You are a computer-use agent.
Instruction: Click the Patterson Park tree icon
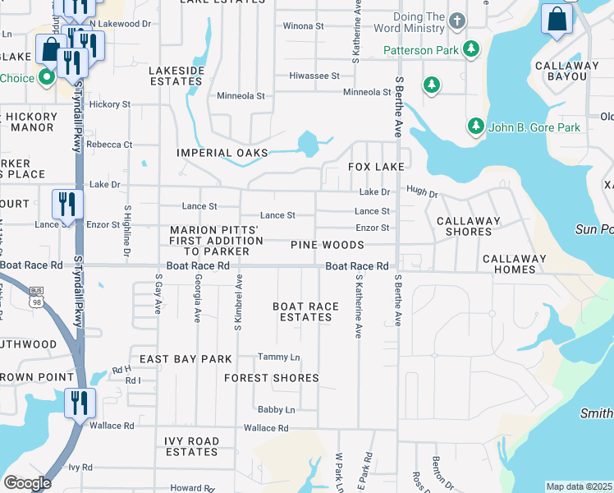(x=471, y=50)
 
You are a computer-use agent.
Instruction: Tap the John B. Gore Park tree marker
(x=475, y=127)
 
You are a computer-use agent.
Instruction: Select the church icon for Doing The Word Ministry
(x=457, y=20)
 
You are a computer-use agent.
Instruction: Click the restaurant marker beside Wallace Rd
(x=80, y=403)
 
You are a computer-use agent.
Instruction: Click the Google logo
(x=27, y=482)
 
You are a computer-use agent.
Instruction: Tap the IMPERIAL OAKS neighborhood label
(x=222, y=153)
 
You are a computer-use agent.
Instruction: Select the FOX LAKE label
(x=376, y=167)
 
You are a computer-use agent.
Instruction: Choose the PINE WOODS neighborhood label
(x=327, y=245)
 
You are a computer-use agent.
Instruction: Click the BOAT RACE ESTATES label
(x=306, y=311)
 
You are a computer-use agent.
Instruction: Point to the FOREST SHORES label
(x=272, y=378)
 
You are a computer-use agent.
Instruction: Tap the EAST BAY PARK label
(x=186, y=359)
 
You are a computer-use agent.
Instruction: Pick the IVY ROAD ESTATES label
(x=191, y=446)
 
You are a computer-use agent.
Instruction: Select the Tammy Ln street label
(x=278, y=357)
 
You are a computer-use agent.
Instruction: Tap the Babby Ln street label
(x=276, y=409)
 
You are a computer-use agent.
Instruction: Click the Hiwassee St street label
(x=314, y=76)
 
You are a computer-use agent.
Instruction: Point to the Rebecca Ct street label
(x=110, y=145)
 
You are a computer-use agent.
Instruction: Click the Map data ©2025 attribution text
(x=579, y=486)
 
